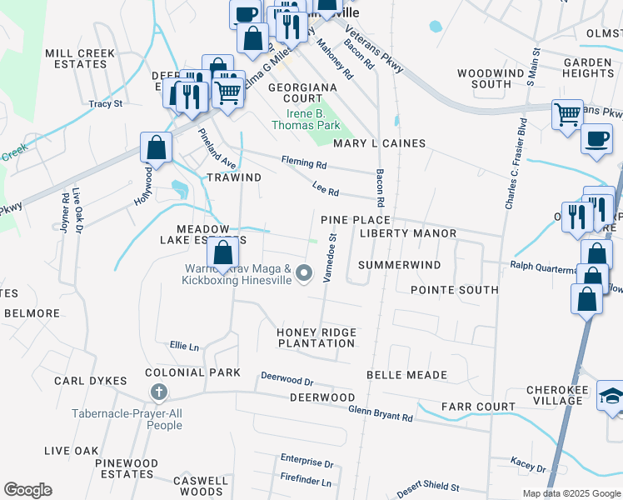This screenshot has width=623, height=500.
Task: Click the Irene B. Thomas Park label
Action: (x=306, y=119)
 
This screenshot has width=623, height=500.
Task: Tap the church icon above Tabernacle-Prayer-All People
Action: (x=158, y=392)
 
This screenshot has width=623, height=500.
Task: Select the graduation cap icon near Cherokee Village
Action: (x=611, y=397)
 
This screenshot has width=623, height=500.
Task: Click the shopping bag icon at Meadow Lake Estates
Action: (x=223, y=253)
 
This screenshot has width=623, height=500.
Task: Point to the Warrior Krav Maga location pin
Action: (x=305, y=273)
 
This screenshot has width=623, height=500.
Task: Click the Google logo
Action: (x=28, y=490)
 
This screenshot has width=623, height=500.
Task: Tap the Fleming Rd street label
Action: (x=304, y=164)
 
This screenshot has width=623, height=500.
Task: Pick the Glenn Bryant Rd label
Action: (x=380, y=412)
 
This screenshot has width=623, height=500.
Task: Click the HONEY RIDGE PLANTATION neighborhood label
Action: (x=316, y=337)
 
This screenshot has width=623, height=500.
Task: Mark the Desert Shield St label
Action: (x=428, y=487)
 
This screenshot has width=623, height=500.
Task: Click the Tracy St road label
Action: (x=106, y=104)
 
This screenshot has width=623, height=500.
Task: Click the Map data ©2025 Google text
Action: (x=571, y=493)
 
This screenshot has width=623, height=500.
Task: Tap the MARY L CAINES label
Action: (x=380, y=143)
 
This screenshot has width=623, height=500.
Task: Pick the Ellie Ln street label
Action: (x=184, y=346)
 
